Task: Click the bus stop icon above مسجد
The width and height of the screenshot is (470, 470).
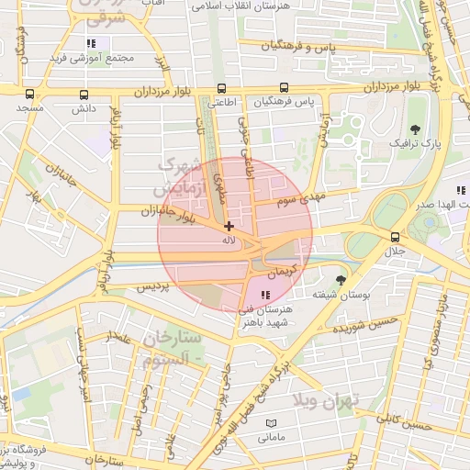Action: [29, 93]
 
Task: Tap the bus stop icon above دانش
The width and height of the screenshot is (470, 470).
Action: [84, 93]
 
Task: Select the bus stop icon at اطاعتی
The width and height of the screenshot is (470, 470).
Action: [219, 88]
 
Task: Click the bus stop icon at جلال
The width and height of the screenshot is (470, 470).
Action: [396, 236]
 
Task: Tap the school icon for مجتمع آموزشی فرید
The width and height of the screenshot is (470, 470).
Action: [90, 43]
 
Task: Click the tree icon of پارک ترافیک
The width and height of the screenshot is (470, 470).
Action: [415, 129]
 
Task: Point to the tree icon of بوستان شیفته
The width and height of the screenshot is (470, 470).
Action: [341, 279]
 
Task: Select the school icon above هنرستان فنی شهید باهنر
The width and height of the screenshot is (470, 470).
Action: [265, 295]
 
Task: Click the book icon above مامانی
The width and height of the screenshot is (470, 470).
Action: [270, 423]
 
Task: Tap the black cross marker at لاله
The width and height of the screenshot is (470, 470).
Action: [229, 226]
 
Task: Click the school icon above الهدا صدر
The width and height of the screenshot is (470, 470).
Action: [461, 190]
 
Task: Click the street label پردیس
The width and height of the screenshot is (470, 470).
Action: [153, 286]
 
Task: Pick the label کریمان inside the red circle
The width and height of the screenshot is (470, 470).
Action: [284, 273]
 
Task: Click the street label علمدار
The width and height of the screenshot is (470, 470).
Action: [120, 340]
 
